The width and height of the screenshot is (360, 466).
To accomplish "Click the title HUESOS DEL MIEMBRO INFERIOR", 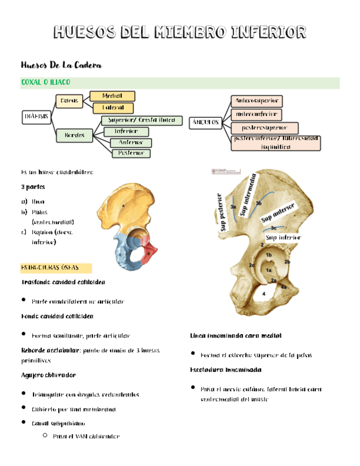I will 179,31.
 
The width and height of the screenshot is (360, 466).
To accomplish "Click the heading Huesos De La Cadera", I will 61,65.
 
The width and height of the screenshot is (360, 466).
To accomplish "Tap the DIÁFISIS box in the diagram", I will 36,116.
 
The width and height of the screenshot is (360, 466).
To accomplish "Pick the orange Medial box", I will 112,96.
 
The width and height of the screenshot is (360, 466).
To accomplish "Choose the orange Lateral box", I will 113,107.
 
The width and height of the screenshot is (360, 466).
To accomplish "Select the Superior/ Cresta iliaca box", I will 142,120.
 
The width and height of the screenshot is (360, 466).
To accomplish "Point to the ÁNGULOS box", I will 206,122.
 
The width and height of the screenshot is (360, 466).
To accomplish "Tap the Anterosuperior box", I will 258,101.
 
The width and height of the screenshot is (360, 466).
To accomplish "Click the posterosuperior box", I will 265,128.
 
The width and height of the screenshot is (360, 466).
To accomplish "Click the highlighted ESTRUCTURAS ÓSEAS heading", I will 50,268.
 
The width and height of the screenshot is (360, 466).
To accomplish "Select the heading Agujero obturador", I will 48,375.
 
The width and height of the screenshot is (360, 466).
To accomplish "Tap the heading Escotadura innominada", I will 225,369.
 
